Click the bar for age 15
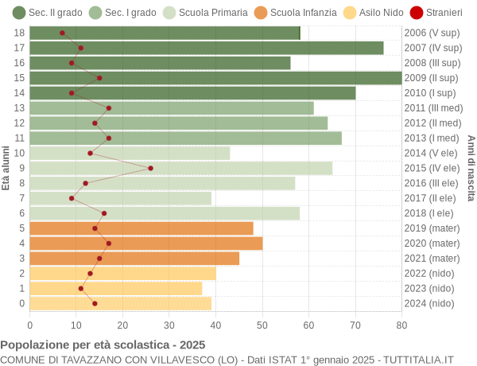(x=215, y=78)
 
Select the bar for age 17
(x=207, y=48)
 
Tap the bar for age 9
(x=181, y=168)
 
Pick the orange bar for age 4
(x=146, y=243)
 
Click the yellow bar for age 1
(x=116, y=288)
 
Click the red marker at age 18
(x=62, y=33)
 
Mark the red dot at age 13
(x=109, y=108)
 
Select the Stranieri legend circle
(x=417, y=13)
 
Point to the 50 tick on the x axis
(x=262, y=324)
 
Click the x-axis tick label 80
(x=401, y=324)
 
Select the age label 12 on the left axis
(x=20, y=123)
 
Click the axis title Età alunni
(x=6, y=168)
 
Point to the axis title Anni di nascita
(x=470, y=168)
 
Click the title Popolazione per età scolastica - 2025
(x=103, y=345)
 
